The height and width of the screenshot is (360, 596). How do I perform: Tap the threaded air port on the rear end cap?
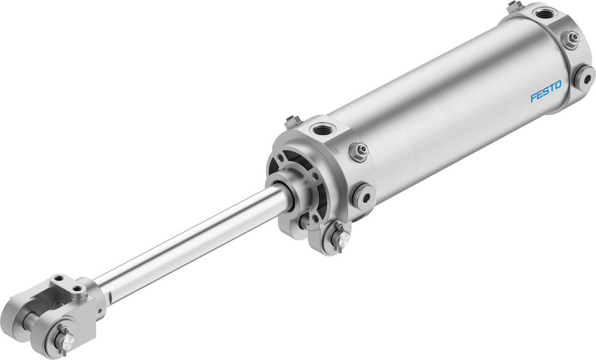tap(545, 14)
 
